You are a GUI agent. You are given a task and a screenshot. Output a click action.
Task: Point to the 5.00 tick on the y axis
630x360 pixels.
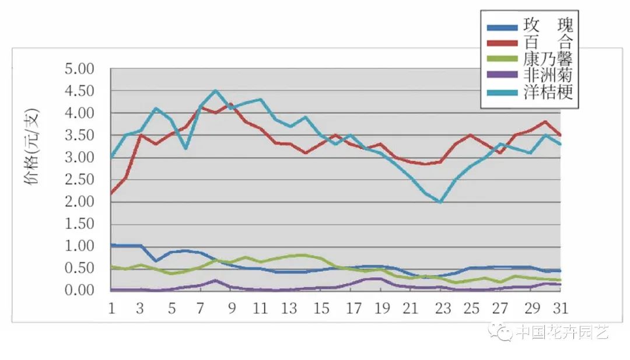(87, 69)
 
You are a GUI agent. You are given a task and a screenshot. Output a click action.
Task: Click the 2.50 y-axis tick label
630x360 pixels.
(87, 180)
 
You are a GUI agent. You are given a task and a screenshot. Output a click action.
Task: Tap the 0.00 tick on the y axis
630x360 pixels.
(87, 291)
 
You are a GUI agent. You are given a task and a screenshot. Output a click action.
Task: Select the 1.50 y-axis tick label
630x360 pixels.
(87, 224)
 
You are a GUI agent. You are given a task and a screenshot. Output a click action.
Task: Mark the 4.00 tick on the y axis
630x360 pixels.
(87, 113)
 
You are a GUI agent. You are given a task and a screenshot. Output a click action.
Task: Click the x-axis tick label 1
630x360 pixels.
(111, 307)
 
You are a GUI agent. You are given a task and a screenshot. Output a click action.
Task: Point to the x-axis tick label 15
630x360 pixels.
(321, 307)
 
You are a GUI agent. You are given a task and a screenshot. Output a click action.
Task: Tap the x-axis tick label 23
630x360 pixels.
(441, 307)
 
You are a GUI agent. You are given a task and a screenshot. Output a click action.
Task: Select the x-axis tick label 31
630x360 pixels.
(561, 307)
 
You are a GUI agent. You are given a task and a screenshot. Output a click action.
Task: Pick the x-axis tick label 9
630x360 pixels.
(232, 307)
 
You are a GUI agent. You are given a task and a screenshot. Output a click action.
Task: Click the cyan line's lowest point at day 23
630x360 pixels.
(440, 202)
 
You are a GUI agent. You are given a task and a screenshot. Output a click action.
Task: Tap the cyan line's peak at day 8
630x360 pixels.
(216, 90)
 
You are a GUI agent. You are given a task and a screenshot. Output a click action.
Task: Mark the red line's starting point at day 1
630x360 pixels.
(111, 193)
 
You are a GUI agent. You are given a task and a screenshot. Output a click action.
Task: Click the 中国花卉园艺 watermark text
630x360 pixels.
(562, 333)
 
